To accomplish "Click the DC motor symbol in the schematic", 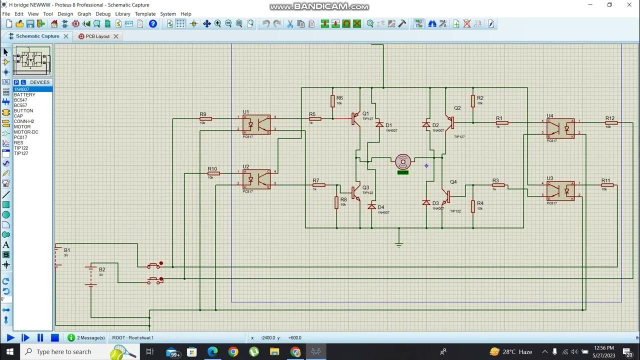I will [403, 161].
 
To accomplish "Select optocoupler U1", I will [256, 124].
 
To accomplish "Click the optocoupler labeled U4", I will [560, 128].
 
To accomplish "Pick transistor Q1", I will [355, 119].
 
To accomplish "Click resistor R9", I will [205, 119].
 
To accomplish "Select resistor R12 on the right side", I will [611, 122].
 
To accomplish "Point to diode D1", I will [379, 124].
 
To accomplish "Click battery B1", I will [57, 256].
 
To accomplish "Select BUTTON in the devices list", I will [23, 111].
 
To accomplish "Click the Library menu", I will [122, 14].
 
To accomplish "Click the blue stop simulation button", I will [55, 338].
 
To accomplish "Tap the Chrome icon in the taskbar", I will [233, 352].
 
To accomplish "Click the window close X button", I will [629, 5].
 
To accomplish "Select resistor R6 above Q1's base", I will [332, 101].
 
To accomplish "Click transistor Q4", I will [446, 196].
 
